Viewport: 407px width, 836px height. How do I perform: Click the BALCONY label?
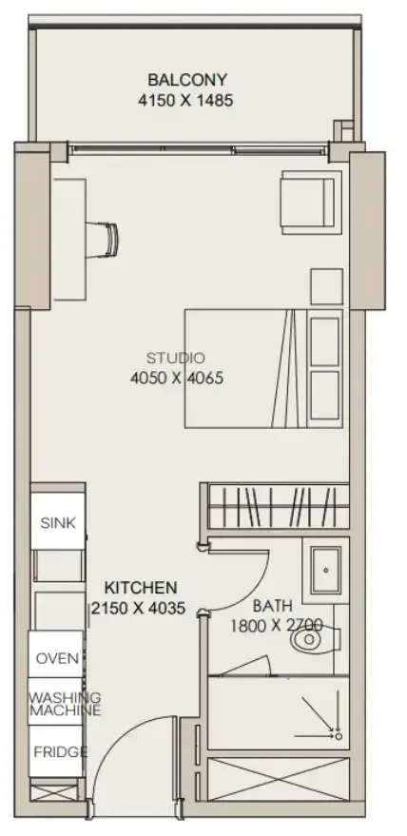click(187, 80)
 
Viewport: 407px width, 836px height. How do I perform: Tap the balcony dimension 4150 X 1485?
click(185, 100)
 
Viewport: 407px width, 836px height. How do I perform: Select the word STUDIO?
click(176, 358)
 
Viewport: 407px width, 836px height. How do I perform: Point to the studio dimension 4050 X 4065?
click(177, 378)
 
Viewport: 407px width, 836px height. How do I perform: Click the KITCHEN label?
click(141, 588)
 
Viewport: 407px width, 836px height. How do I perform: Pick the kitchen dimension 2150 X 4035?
click(138, 608)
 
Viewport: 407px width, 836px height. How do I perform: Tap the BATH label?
click(273, 606)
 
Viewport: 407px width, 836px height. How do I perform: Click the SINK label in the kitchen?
click(58, 522)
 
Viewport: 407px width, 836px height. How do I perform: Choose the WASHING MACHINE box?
click(56, 702)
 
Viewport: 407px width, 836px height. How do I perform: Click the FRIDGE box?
click(56, 751)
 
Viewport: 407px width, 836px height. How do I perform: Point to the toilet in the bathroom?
click(316, 639)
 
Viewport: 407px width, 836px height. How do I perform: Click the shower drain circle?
click(339, 736)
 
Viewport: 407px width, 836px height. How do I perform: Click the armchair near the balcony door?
click(312, 202)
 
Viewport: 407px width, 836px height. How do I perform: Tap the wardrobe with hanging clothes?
click(278, 506)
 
